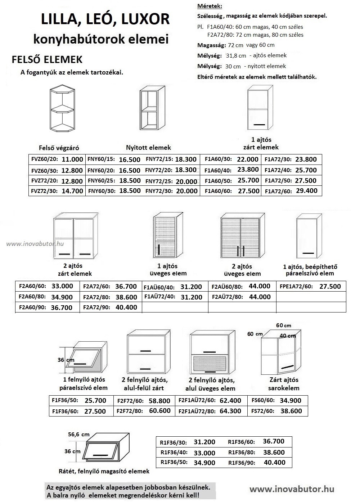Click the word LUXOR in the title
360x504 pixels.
pyautogui.click(x=145, y=19)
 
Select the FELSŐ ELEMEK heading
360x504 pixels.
pyautogui.click(x=47, y=59)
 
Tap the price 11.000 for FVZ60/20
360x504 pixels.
pyautogui.click(x=72, y=159)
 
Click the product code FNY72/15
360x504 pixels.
pyautogui.click(x=159, y=159)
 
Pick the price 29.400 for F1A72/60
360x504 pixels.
pyautogui.click(x=306, y=191)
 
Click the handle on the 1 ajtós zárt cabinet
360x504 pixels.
pyautogui.click(x=259, y=125)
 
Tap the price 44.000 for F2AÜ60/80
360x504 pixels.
pyautogui.click(x=259, y=286)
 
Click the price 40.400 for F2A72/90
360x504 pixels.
pyautogui.click(x=126, y=307)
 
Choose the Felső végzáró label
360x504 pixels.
pyautogui.click(x=59, y=148)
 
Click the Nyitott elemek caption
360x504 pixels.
pyautogui.click(x=148, y=148)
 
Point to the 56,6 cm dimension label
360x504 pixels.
pyautogui.click(x=79, y=435)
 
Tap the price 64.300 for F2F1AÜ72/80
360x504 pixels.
pyautogui.click(x=230, y=411)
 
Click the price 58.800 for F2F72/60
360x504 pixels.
pyautogui.click(x=159, y=401)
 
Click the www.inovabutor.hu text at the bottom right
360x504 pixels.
pyautogui.click(x=292, y=489)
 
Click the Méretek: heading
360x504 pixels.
pyautogui.click(x=210, y=6)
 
